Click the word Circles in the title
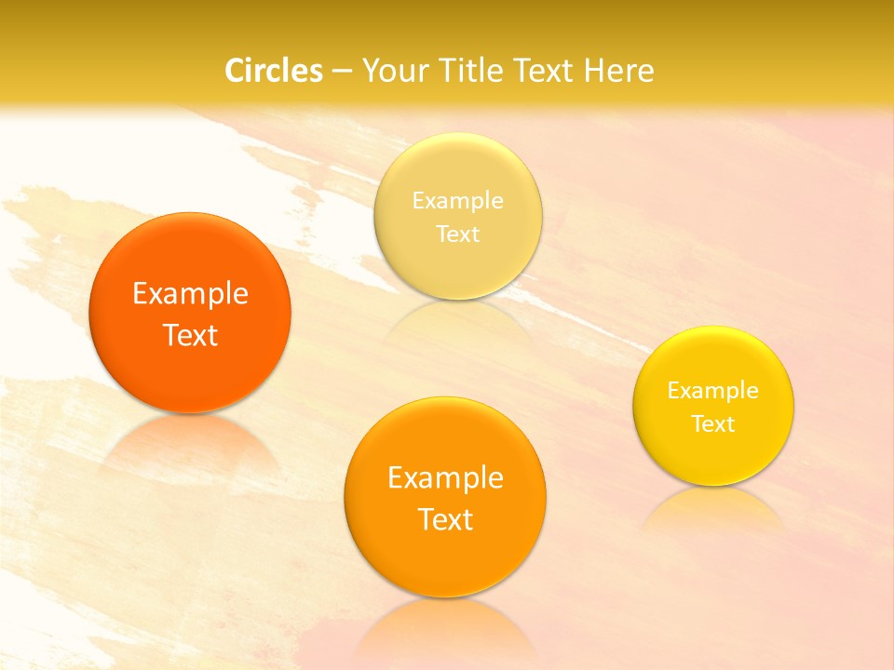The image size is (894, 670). point(274,71)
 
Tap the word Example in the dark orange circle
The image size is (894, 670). point(190,294)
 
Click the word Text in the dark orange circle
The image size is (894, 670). point(190,335)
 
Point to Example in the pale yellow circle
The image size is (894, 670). point(457,201)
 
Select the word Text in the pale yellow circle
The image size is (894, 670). point(457,234)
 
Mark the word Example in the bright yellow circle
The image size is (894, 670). point(713,391)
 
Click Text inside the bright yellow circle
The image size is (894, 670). point(713,424)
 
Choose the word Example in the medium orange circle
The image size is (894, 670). point(445,478)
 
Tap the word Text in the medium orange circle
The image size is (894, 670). point(445,519)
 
